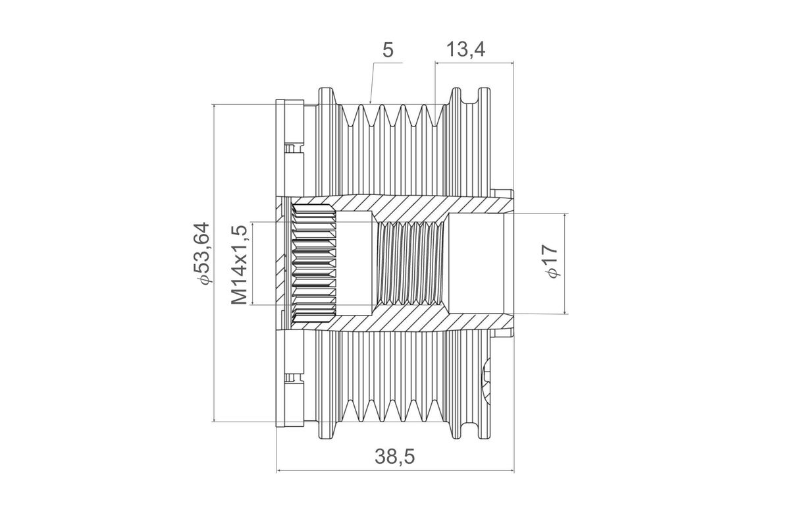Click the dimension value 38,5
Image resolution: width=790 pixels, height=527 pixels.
(395, 456)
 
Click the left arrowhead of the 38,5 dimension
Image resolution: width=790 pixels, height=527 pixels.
(278, 470)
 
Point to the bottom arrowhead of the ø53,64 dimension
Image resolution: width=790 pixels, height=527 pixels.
(215, 419)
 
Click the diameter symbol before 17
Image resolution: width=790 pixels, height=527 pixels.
(553, 273)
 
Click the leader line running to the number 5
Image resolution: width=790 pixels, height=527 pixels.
(373, 82)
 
